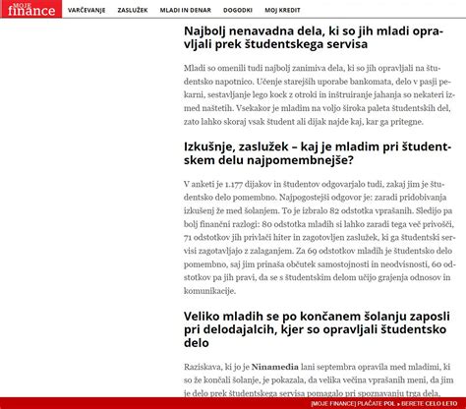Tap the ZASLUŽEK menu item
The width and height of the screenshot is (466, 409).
(132, 10)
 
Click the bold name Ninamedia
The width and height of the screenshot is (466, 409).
(276, 365)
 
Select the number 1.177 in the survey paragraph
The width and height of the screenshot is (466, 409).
(235, 184)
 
